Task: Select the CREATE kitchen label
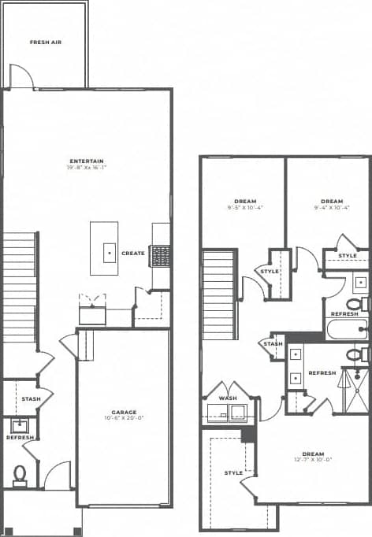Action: tap(133, 254)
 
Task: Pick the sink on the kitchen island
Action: tap(110, 254)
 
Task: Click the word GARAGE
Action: tap(124, 413)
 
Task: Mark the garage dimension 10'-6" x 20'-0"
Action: tap(124, 420)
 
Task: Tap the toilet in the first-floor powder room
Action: tap(20, 473)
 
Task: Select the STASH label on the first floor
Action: tap(31, 399)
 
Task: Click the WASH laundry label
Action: tap(227, 398)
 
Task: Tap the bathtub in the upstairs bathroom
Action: tap(345, 328)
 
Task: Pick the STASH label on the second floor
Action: tap(273, 344)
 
